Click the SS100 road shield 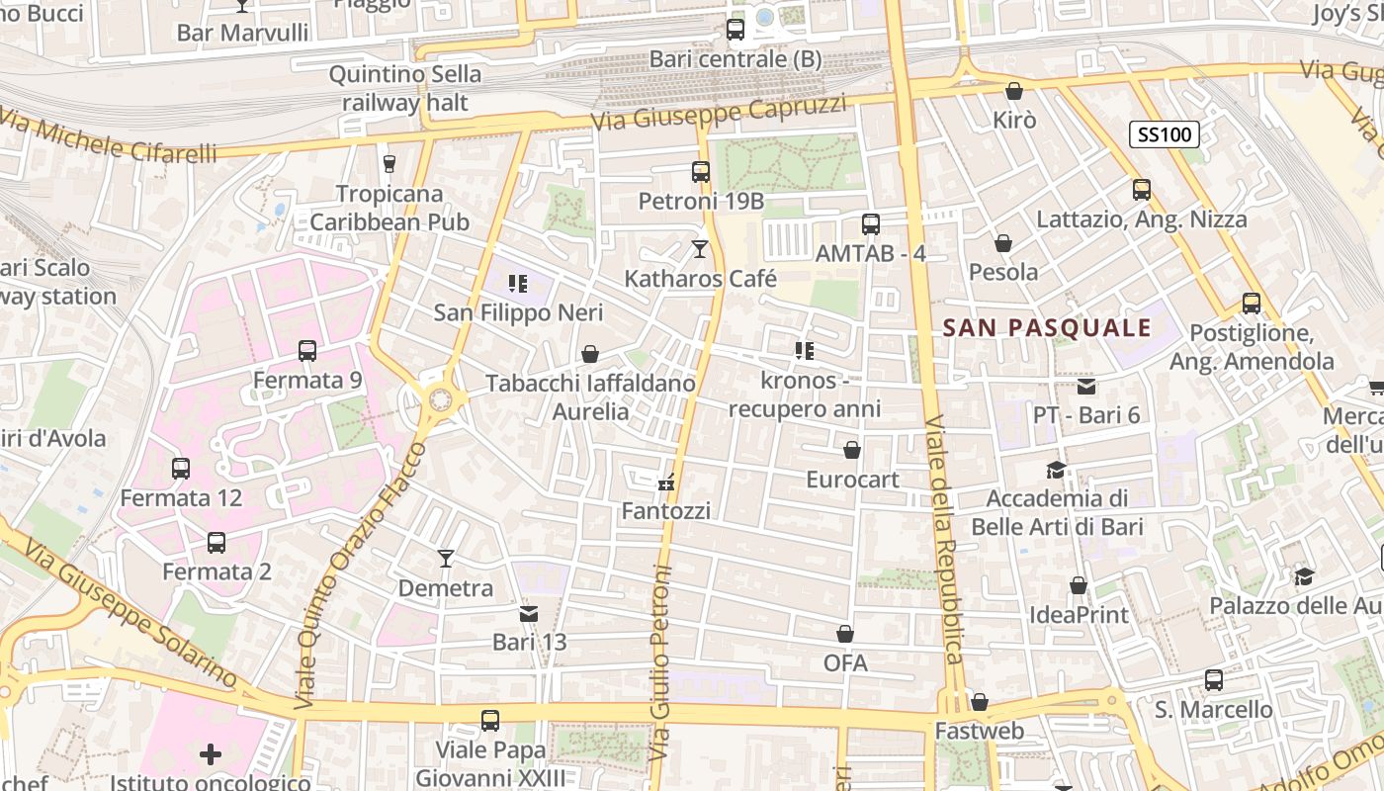point(1165,133)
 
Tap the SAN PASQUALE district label point(1048,327)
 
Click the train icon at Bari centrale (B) point(735,30)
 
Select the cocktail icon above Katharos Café point(700,248)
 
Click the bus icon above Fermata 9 point(306,350)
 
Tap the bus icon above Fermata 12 point(180,468)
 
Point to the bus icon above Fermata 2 point(216,542)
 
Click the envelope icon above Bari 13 point(529,614)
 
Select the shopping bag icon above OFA point(844,633)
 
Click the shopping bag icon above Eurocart point(851,451)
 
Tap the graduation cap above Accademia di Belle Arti point(1056,469)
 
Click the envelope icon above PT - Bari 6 point(1085,387)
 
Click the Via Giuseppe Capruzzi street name point(720,111)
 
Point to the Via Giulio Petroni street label point(660,662)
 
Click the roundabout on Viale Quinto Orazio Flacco point(439,399)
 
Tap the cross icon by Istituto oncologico point(210,754)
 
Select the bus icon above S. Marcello point(1213,680)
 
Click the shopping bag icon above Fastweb point(979,702)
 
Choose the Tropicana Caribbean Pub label point(389,208)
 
